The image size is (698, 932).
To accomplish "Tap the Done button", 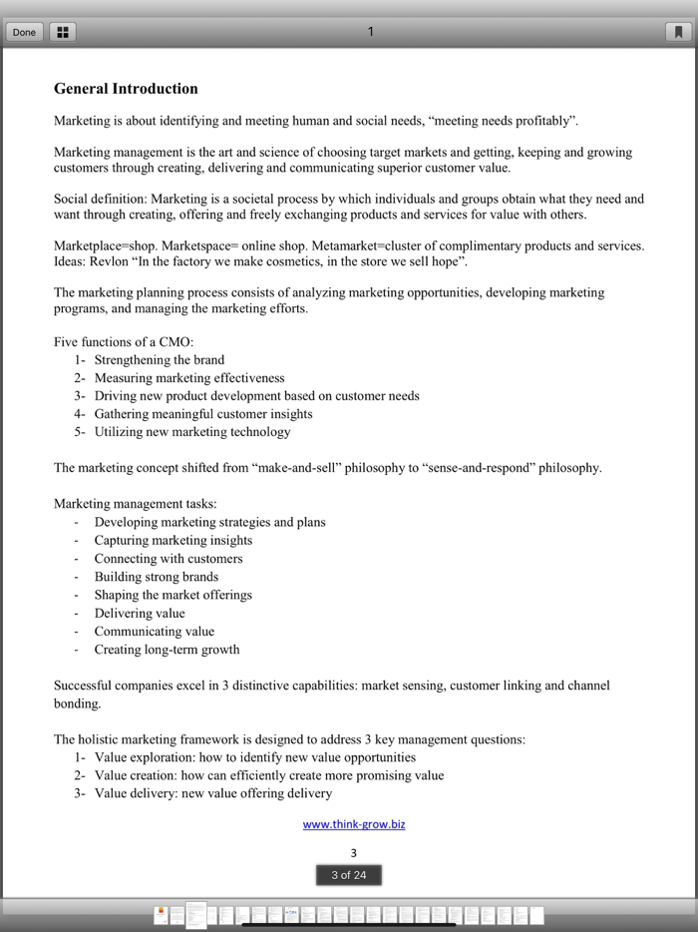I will (24, 32).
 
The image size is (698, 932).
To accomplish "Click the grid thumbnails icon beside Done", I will (62, 32).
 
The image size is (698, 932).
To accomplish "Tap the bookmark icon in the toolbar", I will (678, 32).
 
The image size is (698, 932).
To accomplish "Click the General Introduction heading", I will (126, 89).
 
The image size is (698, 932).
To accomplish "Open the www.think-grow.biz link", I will (354, 824).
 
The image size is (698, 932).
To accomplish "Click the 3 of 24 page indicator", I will (349, 875).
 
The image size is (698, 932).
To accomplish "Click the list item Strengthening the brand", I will (160, 360).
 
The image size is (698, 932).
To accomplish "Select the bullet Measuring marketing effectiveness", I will (189, 378).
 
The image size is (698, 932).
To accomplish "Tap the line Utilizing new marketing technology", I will (192, 432).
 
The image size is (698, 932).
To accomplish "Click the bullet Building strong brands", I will (157, 577).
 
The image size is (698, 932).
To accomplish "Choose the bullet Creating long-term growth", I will (167, 650).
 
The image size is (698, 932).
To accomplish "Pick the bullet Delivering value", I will (140, 614).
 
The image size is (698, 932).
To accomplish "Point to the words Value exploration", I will (143, 757).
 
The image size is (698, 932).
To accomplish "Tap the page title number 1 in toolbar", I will (370, 32).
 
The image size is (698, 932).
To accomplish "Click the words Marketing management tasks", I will (135, 504).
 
